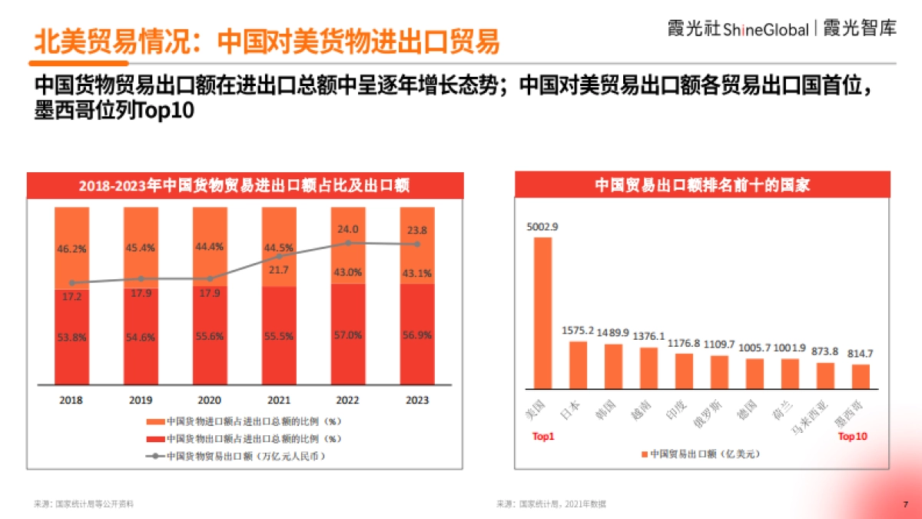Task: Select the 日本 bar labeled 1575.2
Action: coord(578,364)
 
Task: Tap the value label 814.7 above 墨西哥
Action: coord(860,354)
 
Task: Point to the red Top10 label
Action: coord(852,437)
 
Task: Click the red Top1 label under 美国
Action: coord(543,437)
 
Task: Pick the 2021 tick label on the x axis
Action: coord(279,401)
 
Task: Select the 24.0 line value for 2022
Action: coord(348,229)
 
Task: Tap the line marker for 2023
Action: coord(417,245)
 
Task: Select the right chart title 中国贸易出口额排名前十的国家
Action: coord(702,185)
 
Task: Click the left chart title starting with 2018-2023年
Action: coord(244,185)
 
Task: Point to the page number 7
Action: coord(904,504)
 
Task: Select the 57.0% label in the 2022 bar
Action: coord(348,336)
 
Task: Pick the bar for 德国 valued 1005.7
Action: coord(755,373)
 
